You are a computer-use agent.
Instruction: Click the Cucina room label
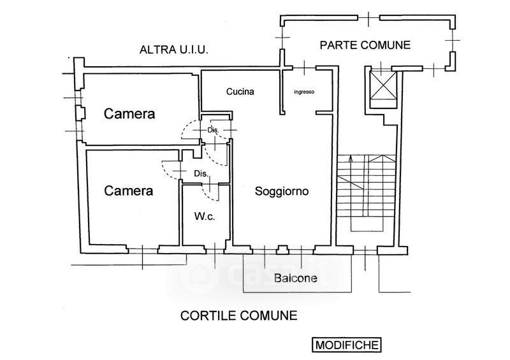coord(240,91)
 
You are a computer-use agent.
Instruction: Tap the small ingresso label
coord(304,92)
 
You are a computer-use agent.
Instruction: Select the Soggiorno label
coord(282,191)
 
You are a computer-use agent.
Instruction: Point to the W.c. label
coord(204,217)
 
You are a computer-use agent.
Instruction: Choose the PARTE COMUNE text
coord(365,45)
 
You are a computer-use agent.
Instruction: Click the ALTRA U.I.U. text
coord(175,49)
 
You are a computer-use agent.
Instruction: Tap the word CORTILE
coord(205,315)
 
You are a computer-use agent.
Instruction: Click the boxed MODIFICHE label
coord(346,345)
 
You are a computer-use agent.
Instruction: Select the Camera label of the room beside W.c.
coord(129,190)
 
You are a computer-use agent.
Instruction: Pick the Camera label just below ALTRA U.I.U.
coord(130,114)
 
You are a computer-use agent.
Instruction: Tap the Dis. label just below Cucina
coord(213,130)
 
